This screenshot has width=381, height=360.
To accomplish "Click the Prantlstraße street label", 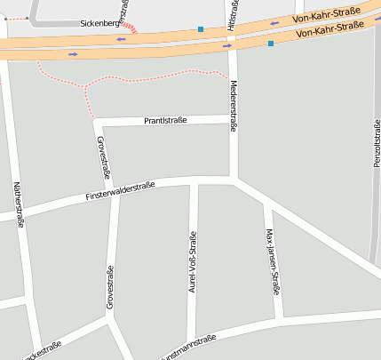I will pyautogui.click(x=164, y=120).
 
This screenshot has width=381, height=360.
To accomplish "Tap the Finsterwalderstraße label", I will pyautogui.click(x=121, y=190).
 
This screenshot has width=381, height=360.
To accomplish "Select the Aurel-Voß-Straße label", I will pyautogui.click(x=192, y=261).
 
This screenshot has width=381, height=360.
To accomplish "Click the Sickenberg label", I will pyautogui.click(x=99, y=24).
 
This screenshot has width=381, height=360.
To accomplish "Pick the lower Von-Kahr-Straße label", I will pyautogui.click(x=331, y=33).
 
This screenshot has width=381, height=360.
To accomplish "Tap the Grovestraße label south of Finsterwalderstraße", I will pyautogui.click(x=111, y=287).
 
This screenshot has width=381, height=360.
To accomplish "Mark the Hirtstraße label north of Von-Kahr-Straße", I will pyautogui.click(x=233, y=14).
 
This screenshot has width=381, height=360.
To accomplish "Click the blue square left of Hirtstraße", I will pyautogui.click(x=201, y=29).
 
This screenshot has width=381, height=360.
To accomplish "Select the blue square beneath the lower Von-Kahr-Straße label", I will pyautogui.click(x=270, y=43).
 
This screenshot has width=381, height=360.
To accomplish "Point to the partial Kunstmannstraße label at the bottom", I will pyautogui.click(x=188, y=347).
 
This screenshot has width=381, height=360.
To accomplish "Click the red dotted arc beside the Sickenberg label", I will pyautogui.click(x=129, y=28).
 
